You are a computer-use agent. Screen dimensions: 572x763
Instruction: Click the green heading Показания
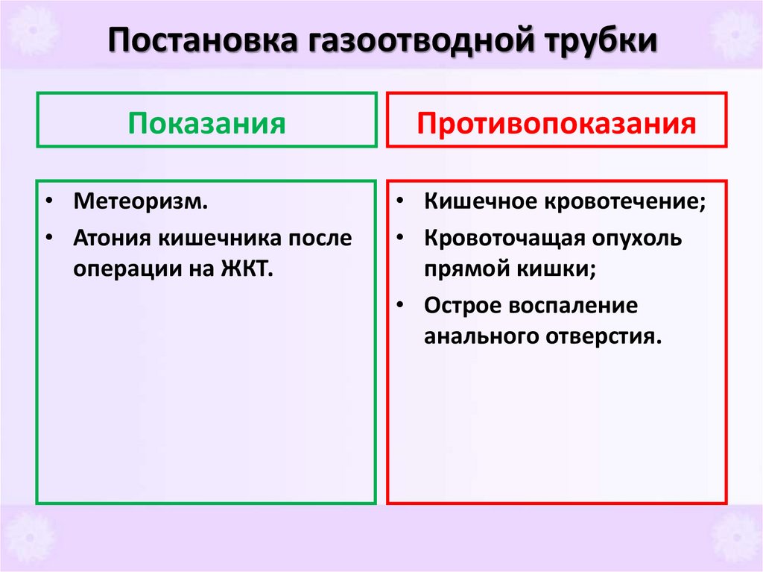point(206,122)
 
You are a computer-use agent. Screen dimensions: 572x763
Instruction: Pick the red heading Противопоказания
point(557,122)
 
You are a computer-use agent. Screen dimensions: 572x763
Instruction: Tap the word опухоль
point(642,239)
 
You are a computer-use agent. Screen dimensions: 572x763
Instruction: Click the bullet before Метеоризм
point(48,202)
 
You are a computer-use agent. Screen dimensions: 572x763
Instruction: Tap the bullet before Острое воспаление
point(400,306)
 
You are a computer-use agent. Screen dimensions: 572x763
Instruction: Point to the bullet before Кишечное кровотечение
point(400,202)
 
